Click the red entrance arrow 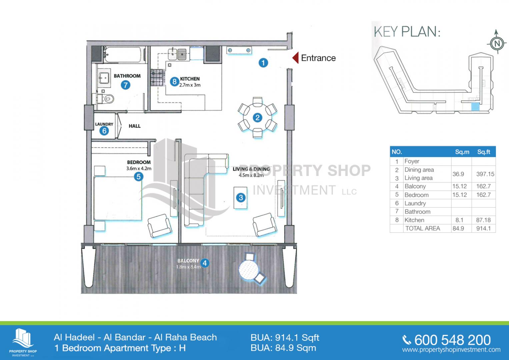click(x=295, y=58)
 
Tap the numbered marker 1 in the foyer click(x=263, y=63)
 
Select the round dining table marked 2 click(x=257, y=118)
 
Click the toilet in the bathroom click(x=106, y=99)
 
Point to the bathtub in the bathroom click(x=124, y=55)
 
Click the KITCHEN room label click(x=190, y=79)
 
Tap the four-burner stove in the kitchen click(x=157, y=77)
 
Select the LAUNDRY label click(x=104, y=124)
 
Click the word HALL click(x=135, y=126)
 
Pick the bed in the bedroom click(x=118, y=198)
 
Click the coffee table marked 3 click(x=241, y=197)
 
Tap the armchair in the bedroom click(x=159, y=225)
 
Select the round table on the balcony click(x=249, y=270)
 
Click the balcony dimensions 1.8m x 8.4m click(x=188, y=267)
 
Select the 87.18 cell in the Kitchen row click(x=483, y=220)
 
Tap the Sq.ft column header click(x=484, y=152)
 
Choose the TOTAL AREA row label click(x=423, y=228)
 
